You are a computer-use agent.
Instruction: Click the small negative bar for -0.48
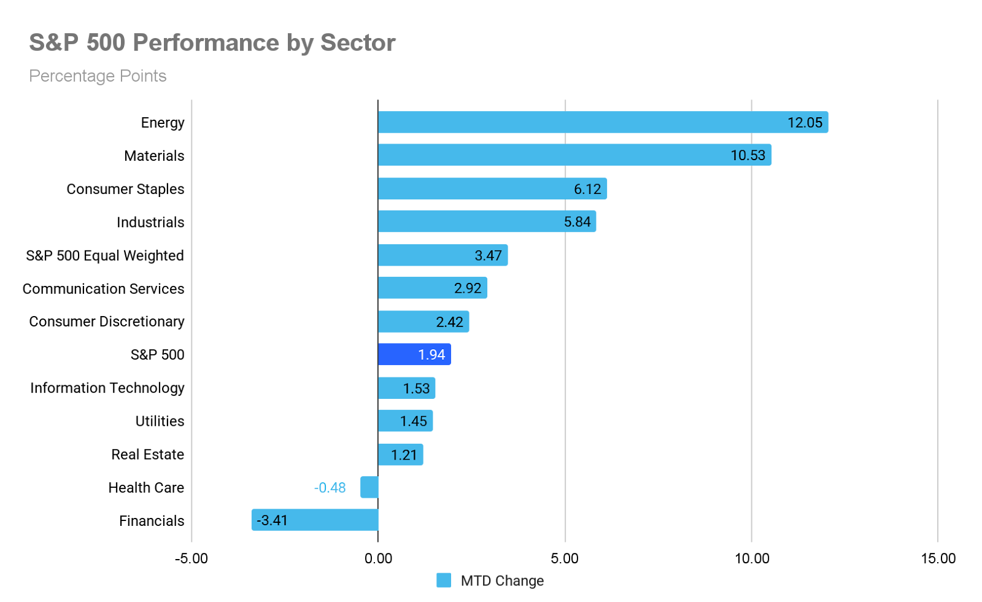point(369,487)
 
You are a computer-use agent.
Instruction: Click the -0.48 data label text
point(330,488)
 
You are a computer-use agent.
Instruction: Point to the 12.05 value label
point(805,123)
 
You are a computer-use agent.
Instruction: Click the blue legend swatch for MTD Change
point(444,580)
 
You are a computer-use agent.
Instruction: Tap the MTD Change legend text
point(502,581)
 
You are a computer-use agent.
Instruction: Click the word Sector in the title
point(358,43)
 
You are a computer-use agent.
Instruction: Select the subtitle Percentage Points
point(98,76)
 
